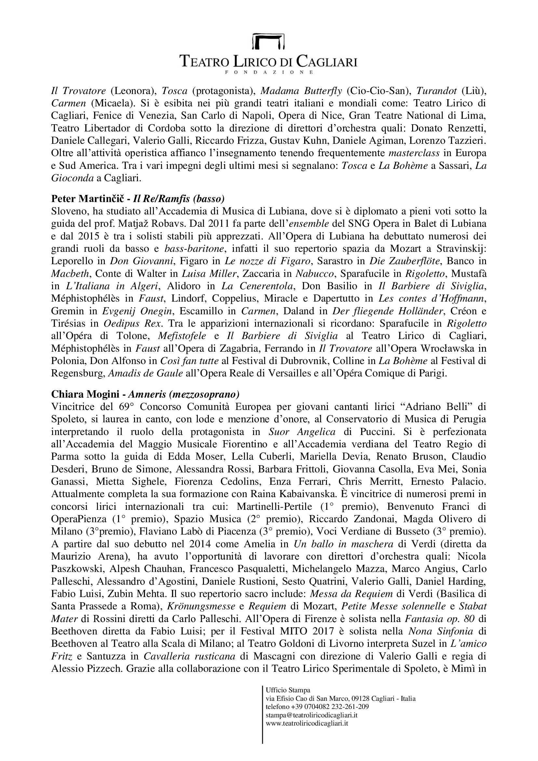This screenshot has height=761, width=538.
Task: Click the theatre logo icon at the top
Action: click(269, 41)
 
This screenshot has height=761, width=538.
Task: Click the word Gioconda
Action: click(72, 178)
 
